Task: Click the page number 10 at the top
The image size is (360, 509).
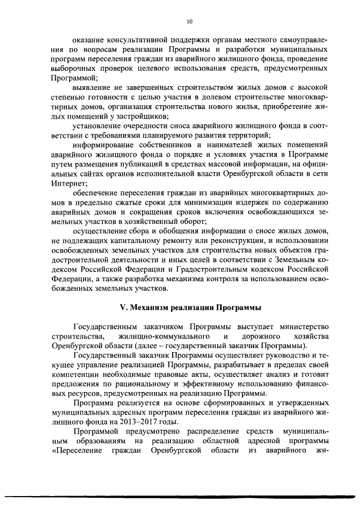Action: tap(188, 22)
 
